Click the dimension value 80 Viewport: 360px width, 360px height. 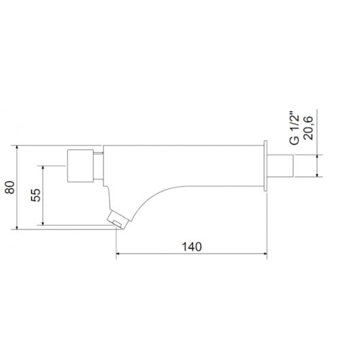9,187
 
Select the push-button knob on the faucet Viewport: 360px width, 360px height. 79,165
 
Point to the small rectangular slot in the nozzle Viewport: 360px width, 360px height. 117,221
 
